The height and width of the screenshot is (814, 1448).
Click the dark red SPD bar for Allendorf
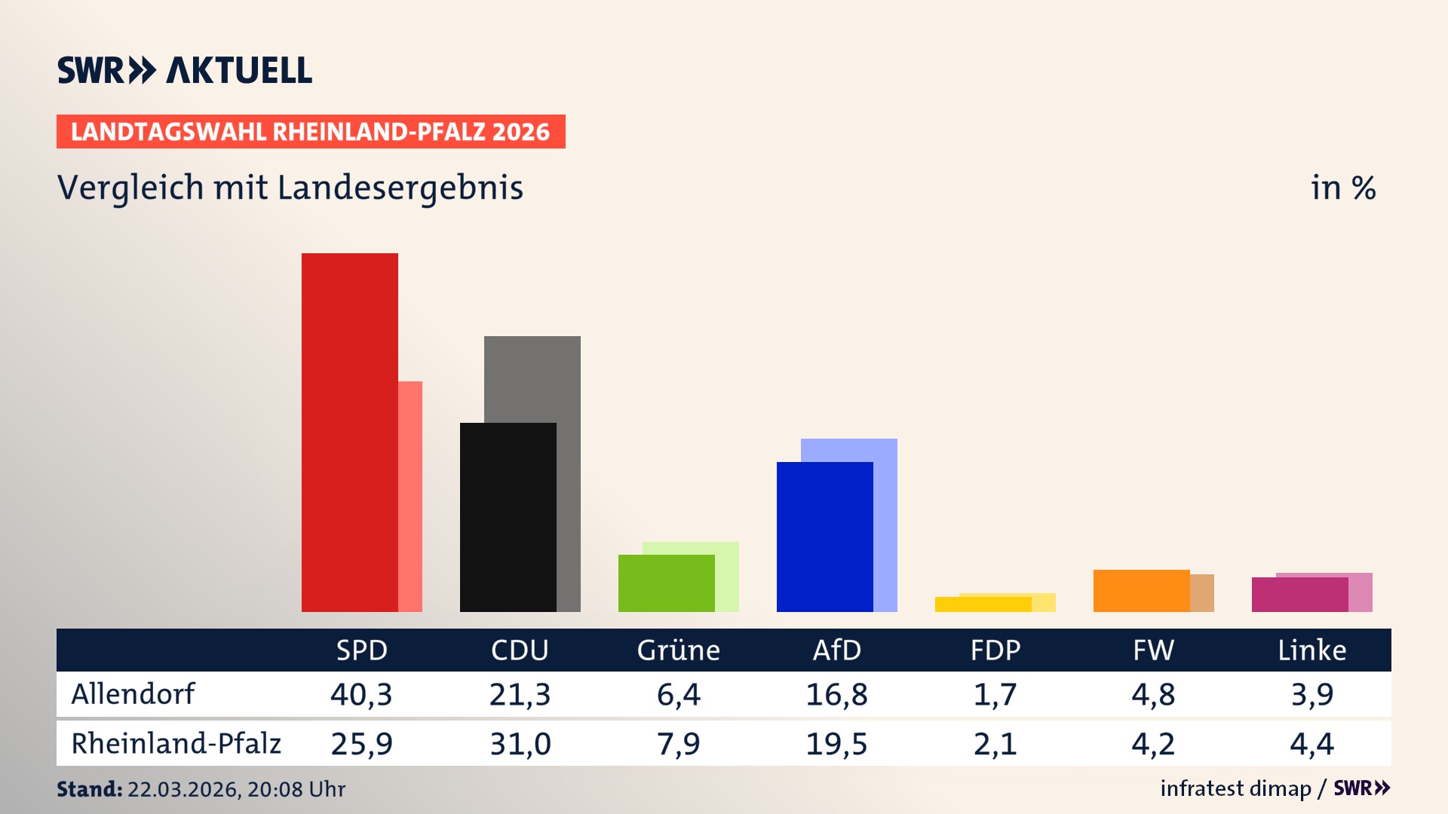349,432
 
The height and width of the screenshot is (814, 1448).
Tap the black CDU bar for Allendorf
508,517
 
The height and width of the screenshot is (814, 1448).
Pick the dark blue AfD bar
824,537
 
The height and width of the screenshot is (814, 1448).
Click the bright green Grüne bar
666,583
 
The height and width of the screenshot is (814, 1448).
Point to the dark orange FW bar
1141,590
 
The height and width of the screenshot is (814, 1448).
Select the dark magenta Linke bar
1299,594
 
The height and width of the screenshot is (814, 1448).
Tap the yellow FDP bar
983,604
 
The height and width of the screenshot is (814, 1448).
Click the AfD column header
836,650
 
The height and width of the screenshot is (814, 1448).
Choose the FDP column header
995,650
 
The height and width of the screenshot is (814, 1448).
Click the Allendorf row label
133,693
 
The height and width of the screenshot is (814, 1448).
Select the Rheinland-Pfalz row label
176,743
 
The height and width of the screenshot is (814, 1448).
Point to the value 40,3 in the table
361,694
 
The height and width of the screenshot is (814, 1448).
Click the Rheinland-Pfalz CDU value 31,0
520,744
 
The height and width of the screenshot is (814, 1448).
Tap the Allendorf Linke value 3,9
1311,694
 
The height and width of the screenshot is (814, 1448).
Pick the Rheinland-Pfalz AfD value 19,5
836,744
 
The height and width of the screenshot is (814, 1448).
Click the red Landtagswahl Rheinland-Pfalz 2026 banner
311,132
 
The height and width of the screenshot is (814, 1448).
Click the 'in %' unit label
1342,188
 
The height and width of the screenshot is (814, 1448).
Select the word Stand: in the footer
89,789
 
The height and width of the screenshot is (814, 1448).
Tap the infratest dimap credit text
1235,788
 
